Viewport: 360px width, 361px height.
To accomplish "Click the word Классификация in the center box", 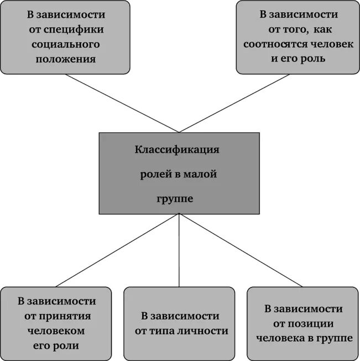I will (x=178, y=150).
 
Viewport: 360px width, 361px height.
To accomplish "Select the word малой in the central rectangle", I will (x=201, y=174).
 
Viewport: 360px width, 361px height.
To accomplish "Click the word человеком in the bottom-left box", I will (x=56, y=331).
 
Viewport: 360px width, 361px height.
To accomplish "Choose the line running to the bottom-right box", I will (x=241, y=251).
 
